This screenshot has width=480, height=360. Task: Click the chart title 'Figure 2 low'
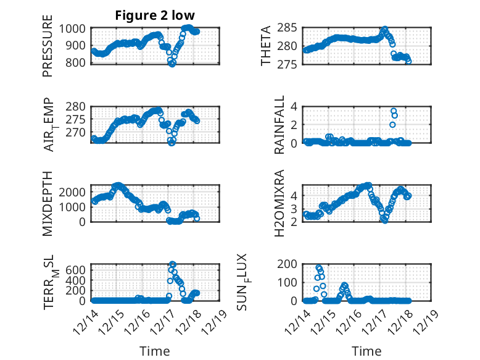pos(155,16)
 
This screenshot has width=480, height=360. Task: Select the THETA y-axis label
pos(265,46)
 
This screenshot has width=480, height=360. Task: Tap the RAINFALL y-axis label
pos(279,124)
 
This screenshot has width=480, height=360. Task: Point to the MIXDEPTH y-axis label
pos(48,203)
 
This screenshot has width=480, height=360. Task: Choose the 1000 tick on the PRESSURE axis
pos(76,28)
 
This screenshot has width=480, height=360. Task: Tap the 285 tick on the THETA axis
pos(291,28)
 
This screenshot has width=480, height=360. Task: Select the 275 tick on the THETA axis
pos(291,62)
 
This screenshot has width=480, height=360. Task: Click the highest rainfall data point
pos(394,111)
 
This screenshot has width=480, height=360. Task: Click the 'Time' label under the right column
pos(366,351)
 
